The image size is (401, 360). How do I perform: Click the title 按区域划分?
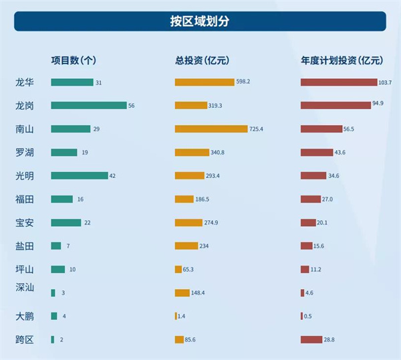pos(200,21)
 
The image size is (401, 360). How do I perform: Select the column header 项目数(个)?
pos(74,60)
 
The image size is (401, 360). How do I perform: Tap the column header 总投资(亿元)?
pos(202,60)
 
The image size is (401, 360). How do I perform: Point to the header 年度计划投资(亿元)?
pos(342,60)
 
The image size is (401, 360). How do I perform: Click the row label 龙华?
pos(25,82)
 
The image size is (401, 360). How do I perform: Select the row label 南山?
pos(25,128)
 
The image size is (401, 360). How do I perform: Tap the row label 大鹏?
pos(25,316)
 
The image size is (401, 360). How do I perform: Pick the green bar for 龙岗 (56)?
pos(88,106)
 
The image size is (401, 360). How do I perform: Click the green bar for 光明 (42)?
pos(79,175)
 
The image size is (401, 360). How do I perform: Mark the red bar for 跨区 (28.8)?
pos(311,339)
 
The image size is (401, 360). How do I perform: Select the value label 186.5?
pos(206,199)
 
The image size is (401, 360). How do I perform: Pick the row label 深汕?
pos(25,288)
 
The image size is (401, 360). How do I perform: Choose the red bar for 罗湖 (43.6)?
pos(317,153)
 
